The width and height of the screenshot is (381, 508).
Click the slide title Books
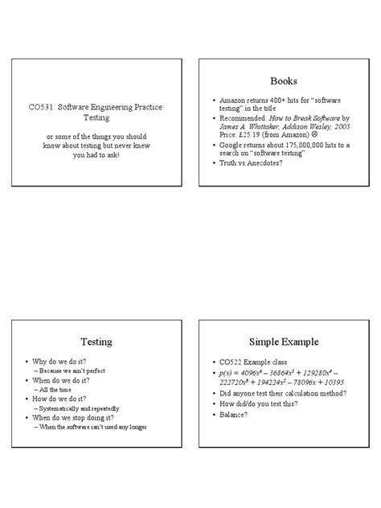[x=284, y=81]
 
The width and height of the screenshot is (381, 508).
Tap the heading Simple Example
[x=284, y=342]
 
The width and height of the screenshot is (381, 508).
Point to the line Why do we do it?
[x=59, y=363]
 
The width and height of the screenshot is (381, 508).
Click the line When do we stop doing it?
[x=72, y=418]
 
